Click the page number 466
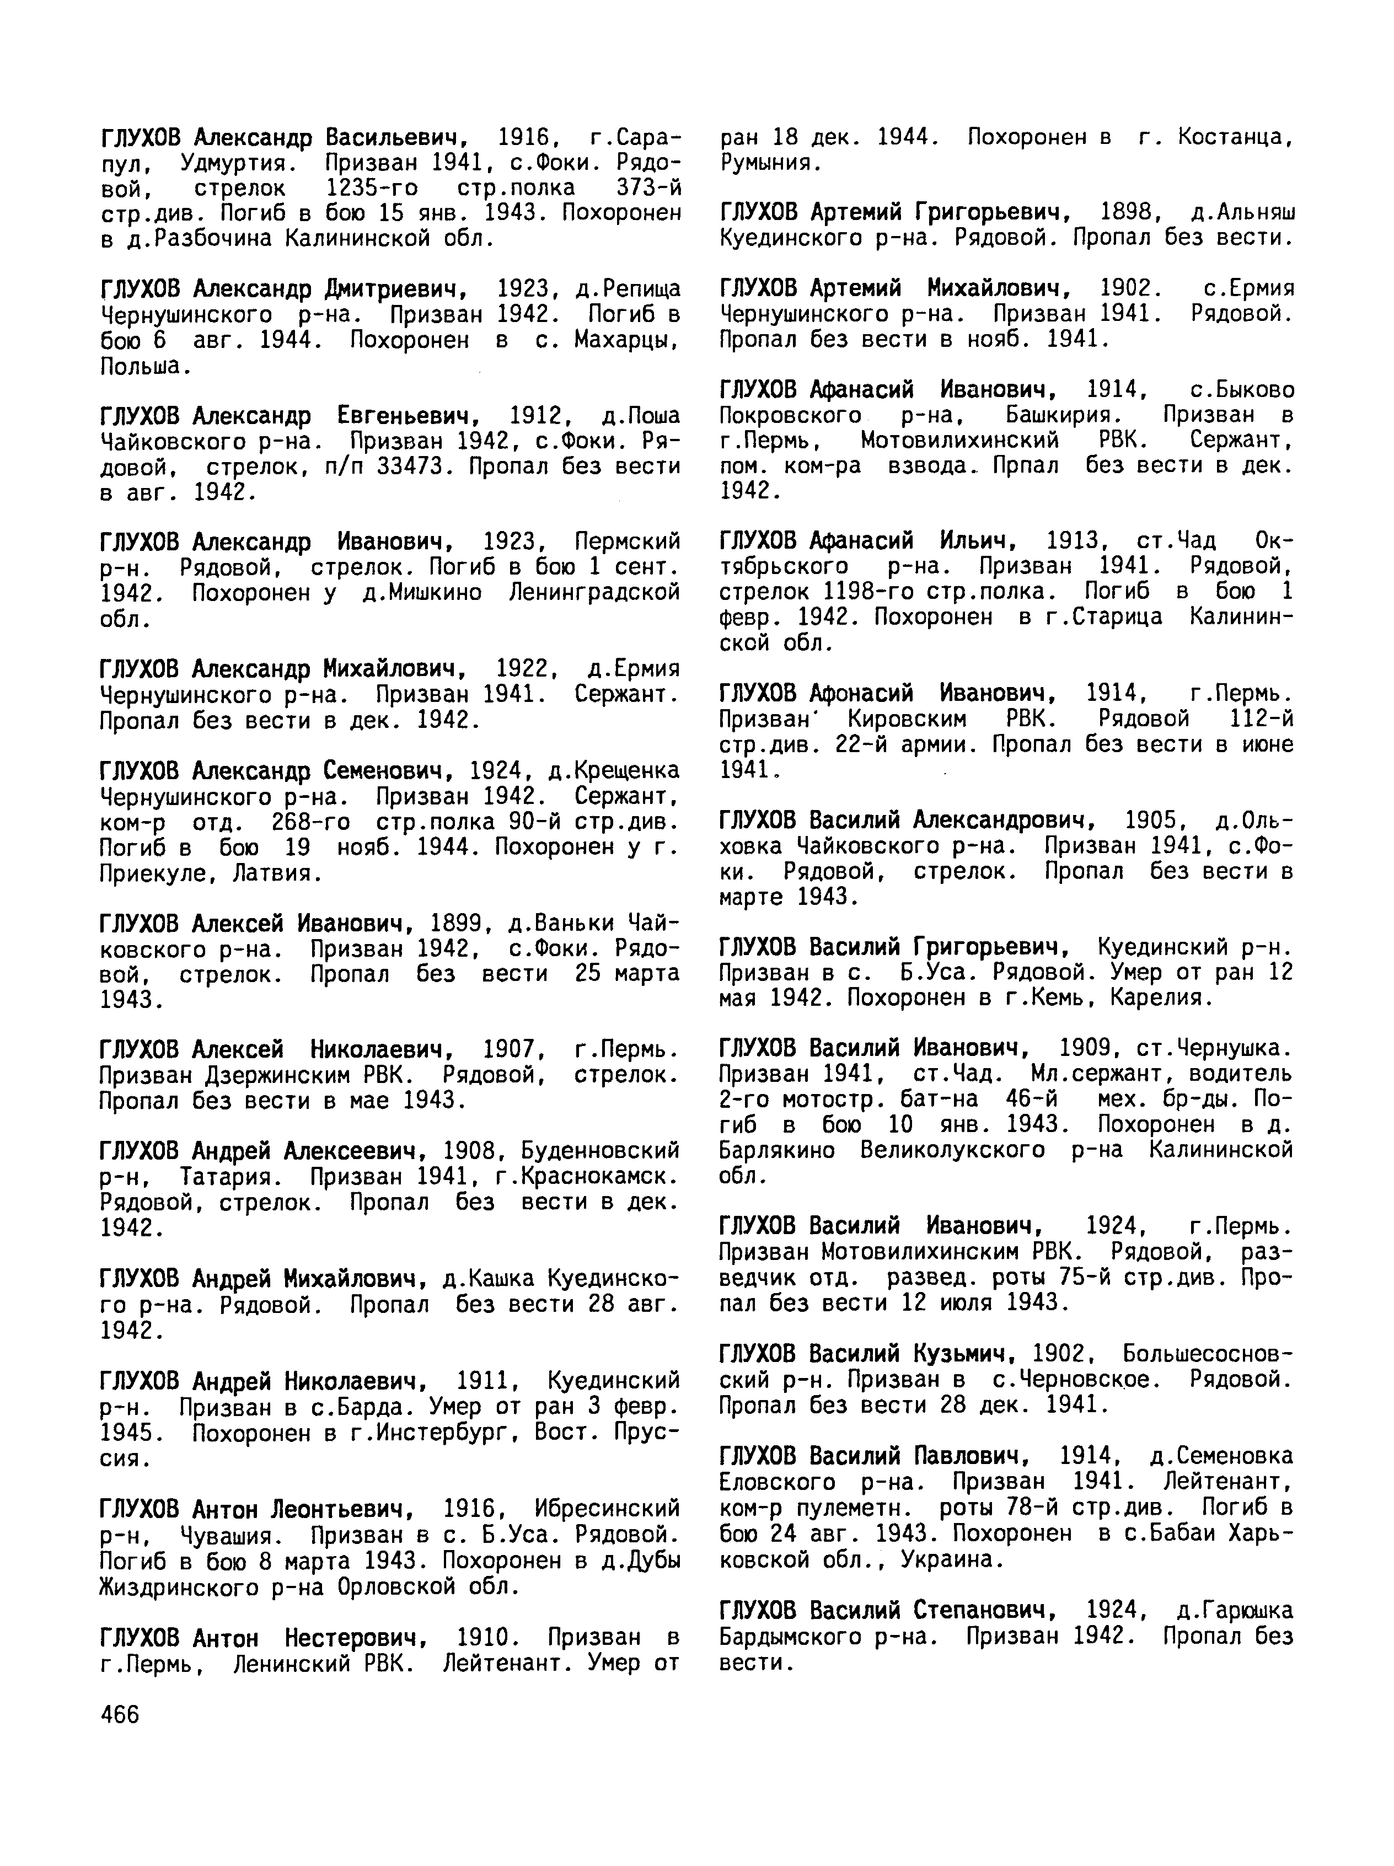click(x=119, y=1715)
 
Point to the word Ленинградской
click(x=595, y=593)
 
